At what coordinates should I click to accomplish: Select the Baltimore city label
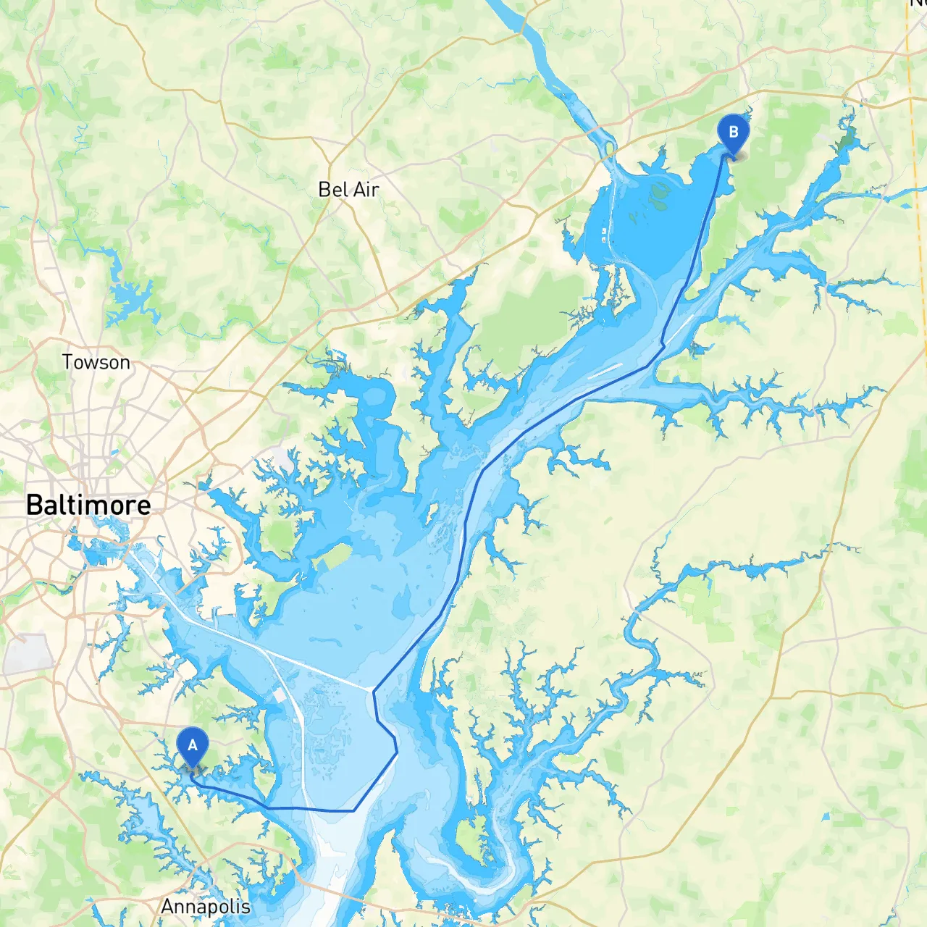pos(88,505)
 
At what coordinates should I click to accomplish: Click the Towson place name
pos(96,362)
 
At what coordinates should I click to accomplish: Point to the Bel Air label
pos(348,190)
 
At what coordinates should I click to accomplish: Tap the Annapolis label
pos(206,907)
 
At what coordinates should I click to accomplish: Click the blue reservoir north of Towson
pos(130,301)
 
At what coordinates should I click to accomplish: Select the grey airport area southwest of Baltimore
pos(27,654)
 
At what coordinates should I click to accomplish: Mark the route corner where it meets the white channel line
pos(374,690)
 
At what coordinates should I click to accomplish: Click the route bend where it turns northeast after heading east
pos(353,810)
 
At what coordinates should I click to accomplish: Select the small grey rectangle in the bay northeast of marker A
pos(280,696)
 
